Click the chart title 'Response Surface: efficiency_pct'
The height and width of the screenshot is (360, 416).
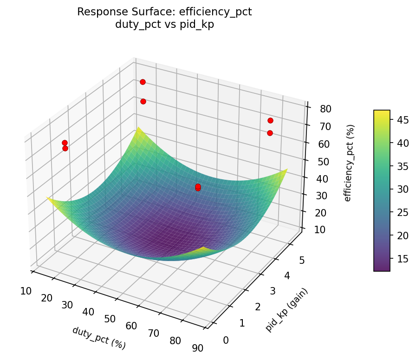(x=164, y=12)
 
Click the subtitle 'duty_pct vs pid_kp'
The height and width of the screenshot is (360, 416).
(x=164, y=25)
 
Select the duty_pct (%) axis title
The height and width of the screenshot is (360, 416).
(x=99, y=338)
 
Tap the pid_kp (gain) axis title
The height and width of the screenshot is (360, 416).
(x=286, y=310)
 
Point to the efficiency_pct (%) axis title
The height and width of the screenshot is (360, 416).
(x=348, y=163)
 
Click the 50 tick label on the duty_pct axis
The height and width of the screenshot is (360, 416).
(x=110, y=319)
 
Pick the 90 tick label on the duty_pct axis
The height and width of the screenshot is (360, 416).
(x=198, y=348)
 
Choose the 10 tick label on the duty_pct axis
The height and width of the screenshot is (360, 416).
(x=26, y=291)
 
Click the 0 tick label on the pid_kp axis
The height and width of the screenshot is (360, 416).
(x=226, y=340)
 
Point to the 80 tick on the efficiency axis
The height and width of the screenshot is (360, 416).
(x=325, y=109)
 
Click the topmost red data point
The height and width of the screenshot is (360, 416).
(x=143, y=82)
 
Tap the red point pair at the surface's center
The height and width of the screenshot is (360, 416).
(x=198, y=187)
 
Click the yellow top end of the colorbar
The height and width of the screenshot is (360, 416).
(x=382, y=113)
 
